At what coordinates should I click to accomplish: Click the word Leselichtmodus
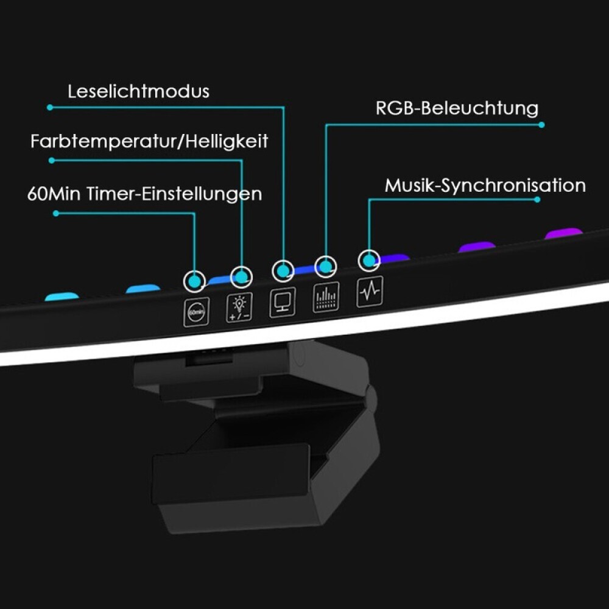138,91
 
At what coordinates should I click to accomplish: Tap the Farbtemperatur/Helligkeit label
149,142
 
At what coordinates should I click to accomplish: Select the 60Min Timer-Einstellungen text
144,194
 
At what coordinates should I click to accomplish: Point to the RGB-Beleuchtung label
457,108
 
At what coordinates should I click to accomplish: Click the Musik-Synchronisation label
485,185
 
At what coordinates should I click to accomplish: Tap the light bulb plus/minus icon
239,308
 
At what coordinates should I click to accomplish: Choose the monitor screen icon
283,302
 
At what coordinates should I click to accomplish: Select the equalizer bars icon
326,297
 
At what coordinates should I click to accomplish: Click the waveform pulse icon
370,291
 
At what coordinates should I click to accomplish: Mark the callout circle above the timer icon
195,281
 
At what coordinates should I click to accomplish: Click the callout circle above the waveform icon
368,261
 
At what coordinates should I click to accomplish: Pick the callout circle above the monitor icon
283,270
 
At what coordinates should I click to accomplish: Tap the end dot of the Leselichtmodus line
50,107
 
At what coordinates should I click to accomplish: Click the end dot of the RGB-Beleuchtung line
541,125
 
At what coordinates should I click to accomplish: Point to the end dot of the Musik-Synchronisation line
537,199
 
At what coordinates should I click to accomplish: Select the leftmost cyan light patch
62,297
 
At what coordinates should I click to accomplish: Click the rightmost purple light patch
563,233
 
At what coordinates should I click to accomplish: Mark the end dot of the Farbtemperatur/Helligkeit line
52,160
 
